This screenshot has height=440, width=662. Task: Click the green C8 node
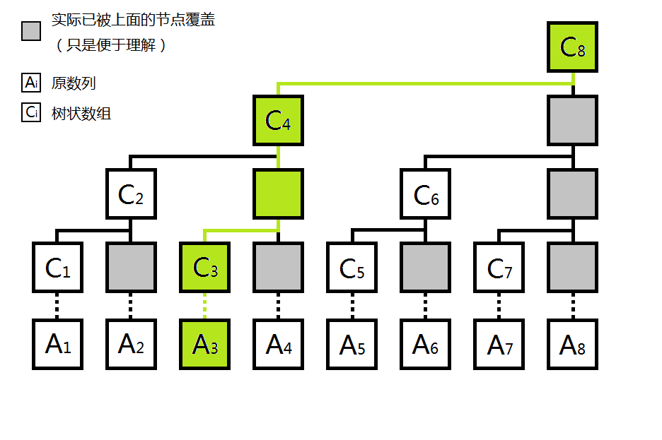tap(573, 47)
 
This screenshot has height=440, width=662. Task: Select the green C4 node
tap(278, 121)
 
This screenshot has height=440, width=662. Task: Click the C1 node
tap(57, 268)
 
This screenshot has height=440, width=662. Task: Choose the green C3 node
tap(204, 268)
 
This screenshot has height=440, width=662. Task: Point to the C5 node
tap(352, 268)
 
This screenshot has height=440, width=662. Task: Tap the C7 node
tap(499, 268)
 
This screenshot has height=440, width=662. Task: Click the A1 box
tap(57, 344)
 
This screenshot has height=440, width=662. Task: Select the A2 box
tap(131, 344)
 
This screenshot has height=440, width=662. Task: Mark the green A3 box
tap(204, 344)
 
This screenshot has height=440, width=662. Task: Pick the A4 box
tap(278, 344)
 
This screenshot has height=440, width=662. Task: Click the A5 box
tap(352, 344)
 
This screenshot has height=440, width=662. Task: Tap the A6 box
tap(425, 344)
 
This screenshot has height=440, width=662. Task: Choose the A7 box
tap(499, 344)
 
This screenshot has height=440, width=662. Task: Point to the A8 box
tap(573, 344)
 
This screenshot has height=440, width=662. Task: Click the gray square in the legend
tap(31, 31)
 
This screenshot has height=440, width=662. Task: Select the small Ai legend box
tap(31, 83)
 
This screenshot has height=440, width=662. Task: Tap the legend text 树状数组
tap(81, 113)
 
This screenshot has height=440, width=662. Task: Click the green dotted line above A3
tap(204, 306)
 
